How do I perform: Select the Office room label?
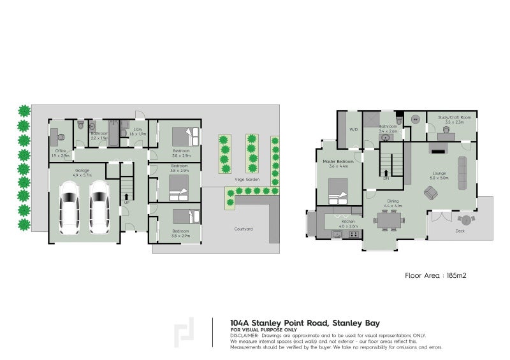click(x=61, y=151)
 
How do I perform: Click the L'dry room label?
click(x=136, y=130)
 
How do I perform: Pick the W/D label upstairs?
click(x=353, y=130)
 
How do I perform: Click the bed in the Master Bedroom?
click(x=338, y=189)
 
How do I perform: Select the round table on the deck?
click(x=466, y=220)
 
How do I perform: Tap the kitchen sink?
click(x=336, y=234)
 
